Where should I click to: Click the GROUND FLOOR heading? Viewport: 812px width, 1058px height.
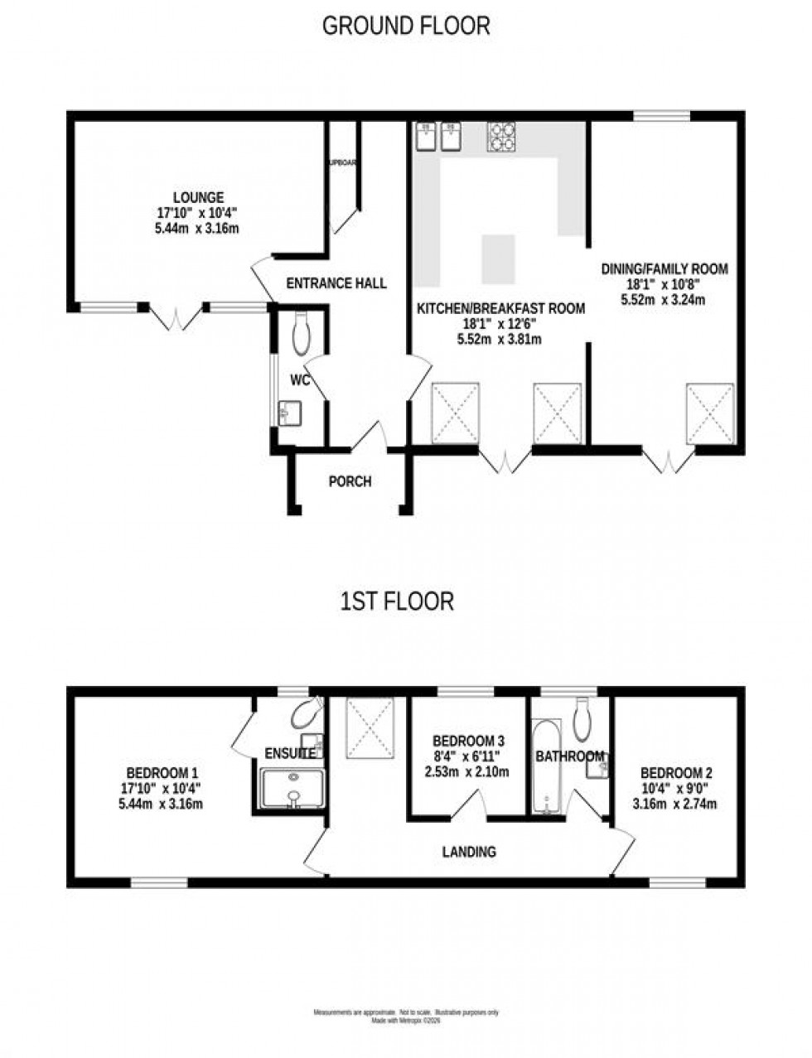pos(405,26)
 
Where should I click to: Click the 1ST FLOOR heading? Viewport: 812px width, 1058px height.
pos(398,601)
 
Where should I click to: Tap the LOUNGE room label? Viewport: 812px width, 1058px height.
pos(198,197)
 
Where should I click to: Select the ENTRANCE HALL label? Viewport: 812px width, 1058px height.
pos(336,283)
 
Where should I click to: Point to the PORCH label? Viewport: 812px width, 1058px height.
pos(350,481)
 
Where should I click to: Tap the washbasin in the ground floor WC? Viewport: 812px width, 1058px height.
pos(290,411)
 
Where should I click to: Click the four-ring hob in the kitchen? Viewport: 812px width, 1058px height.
pos(501,138)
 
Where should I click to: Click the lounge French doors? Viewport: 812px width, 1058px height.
pos(175,317)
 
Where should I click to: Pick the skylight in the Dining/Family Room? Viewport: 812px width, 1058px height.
pos(709,413)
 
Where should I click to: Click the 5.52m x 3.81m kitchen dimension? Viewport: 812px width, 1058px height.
pos(499,339)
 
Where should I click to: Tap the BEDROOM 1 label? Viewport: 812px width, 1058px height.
pos(157,767)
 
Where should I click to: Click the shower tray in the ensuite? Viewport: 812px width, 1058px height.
pos(293,787)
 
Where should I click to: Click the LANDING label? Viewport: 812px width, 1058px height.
pos(469,851)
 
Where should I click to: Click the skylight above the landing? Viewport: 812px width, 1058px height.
pos(370,727)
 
